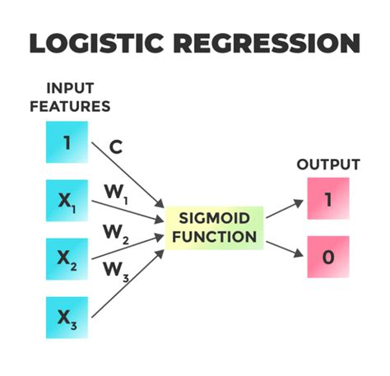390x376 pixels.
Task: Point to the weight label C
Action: (116, 147)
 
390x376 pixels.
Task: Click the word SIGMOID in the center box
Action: (214, 219)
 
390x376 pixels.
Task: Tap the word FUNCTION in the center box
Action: (214, 238)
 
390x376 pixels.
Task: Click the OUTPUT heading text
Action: (328, 165)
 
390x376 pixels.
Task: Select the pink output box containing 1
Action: (328, 198)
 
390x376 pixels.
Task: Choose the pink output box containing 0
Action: (328, 256)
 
